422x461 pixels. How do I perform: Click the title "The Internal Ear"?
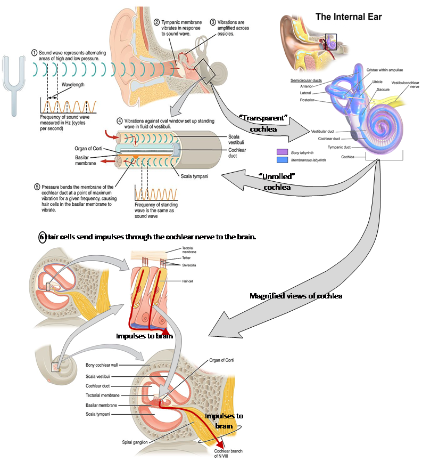[x=349, y=17]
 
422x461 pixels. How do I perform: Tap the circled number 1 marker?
[x=34, y=53]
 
